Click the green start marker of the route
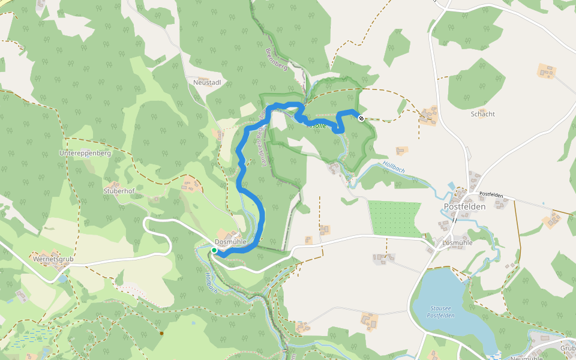(x=214, y=250)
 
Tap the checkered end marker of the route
(x=361, y=118)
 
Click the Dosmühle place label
(x=230, y=242)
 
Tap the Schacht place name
(x=482, y=113)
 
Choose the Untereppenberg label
(x=85, y=153)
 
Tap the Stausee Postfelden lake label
(x=442, y=312)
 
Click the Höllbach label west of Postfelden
(x=394, y=167)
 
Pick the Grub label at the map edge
(x=567, y=348)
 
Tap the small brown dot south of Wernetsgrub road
(x=161, y=332)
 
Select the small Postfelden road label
(x=491, y=195)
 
